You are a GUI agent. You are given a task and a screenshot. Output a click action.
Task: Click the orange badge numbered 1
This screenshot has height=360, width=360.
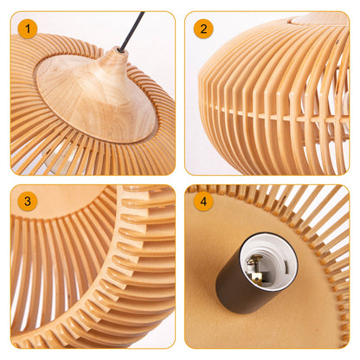[x=28, y=29]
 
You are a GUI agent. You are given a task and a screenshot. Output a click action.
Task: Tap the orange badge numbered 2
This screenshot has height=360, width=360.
[x=203, y=29]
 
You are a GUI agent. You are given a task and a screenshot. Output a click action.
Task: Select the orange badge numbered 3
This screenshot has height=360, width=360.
[x=28, y=202]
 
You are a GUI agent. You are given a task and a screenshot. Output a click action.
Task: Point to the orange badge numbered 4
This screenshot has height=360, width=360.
[x=203, y=202]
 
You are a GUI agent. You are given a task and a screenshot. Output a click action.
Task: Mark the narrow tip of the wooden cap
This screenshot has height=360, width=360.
[x=113, y=60]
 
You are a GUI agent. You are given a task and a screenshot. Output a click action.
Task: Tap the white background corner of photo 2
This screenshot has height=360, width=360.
[x=195, y=160]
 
